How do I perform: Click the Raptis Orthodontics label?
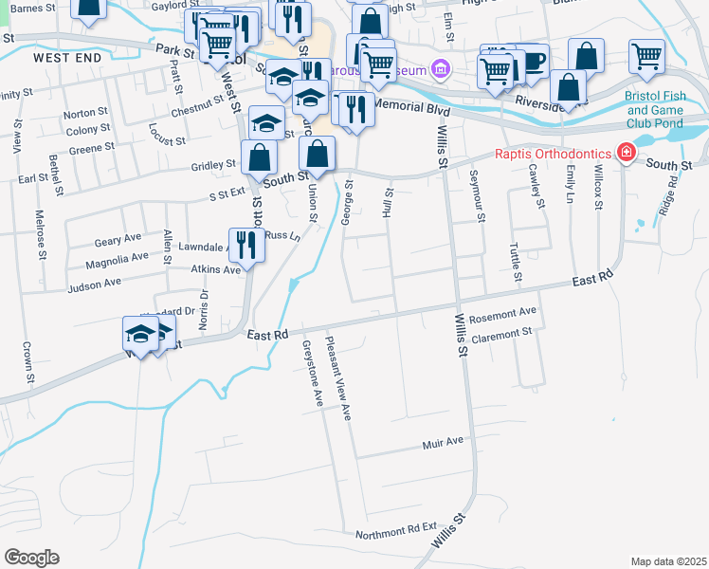(554, 154)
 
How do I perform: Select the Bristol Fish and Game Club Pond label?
(666, 109)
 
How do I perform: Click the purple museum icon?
(439, 68)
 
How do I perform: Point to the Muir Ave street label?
(443, 442)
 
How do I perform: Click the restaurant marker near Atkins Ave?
(245, 246)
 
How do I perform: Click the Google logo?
(31, 557)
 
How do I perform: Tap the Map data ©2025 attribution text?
(668, 561)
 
